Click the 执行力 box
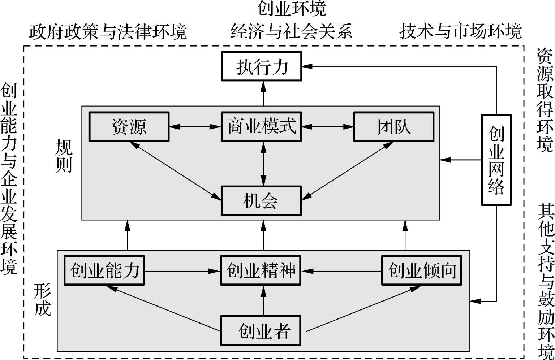[261, 66]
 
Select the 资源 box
[129, 127]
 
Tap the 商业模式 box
[261, 127]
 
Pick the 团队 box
[393, 127]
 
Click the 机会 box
[261, 201]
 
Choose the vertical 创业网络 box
[496, 160]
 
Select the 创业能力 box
[104, 270]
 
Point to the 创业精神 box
[261, 270]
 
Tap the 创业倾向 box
[422, 270]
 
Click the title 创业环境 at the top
[292, 9]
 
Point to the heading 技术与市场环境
[460, 32]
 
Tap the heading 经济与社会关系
[292, 32]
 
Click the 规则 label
[64, 156]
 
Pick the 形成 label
[42, 300]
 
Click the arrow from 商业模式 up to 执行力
[263, 94]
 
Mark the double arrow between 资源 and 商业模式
[195, 127]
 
